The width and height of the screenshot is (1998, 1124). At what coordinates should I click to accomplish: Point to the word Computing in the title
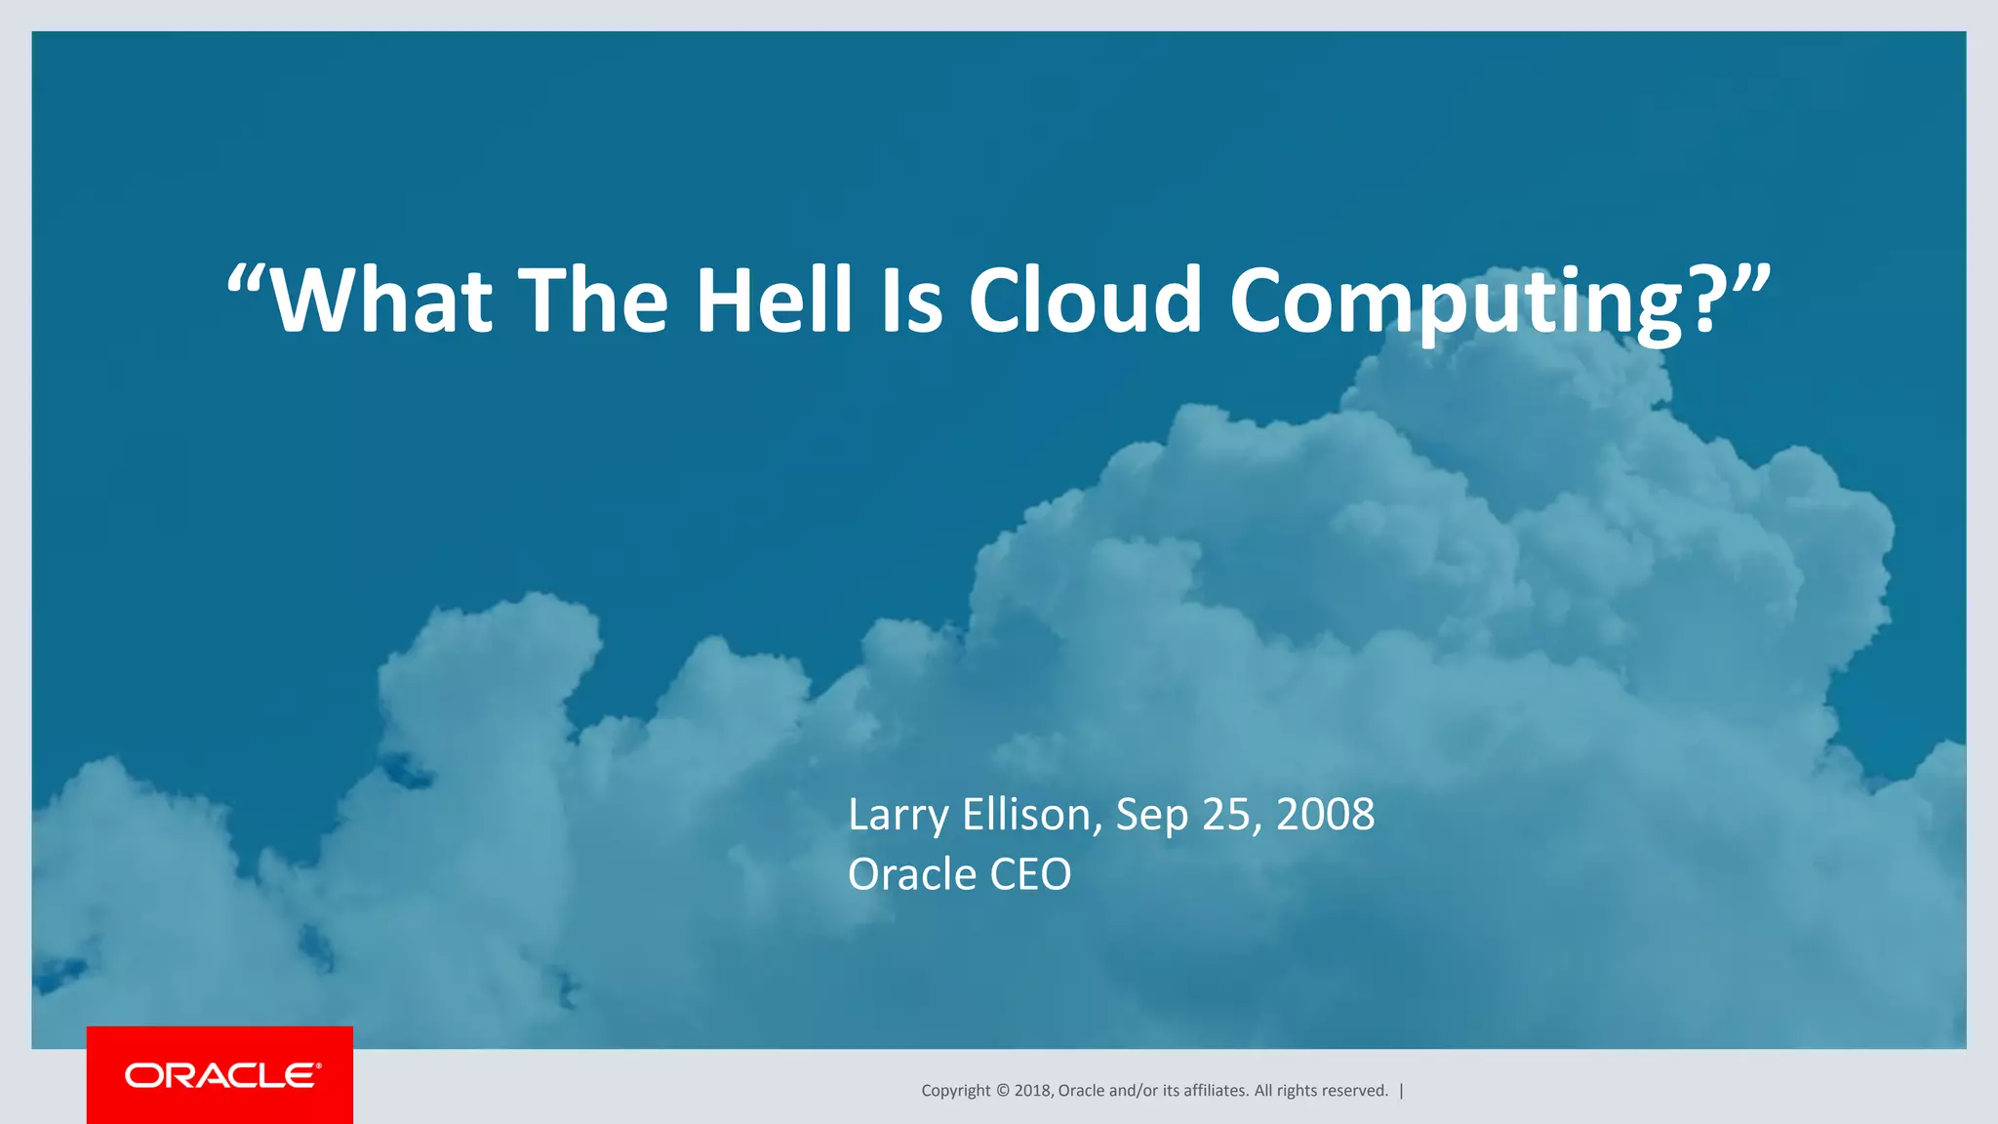(1454, 302)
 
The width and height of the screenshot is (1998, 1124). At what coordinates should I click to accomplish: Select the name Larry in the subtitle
(898, 816)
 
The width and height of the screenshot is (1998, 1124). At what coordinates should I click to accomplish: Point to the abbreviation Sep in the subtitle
(1151, 816)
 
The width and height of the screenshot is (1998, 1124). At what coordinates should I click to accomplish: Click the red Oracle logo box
(220, 1075)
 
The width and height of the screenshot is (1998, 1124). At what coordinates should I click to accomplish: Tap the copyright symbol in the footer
(1002, 1091)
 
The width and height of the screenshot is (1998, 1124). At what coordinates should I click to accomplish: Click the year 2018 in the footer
(1032, 1091)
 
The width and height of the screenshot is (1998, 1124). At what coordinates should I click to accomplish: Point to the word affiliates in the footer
(1215, 1091)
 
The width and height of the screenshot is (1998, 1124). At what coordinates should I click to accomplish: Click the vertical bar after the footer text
(1402, 1091)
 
